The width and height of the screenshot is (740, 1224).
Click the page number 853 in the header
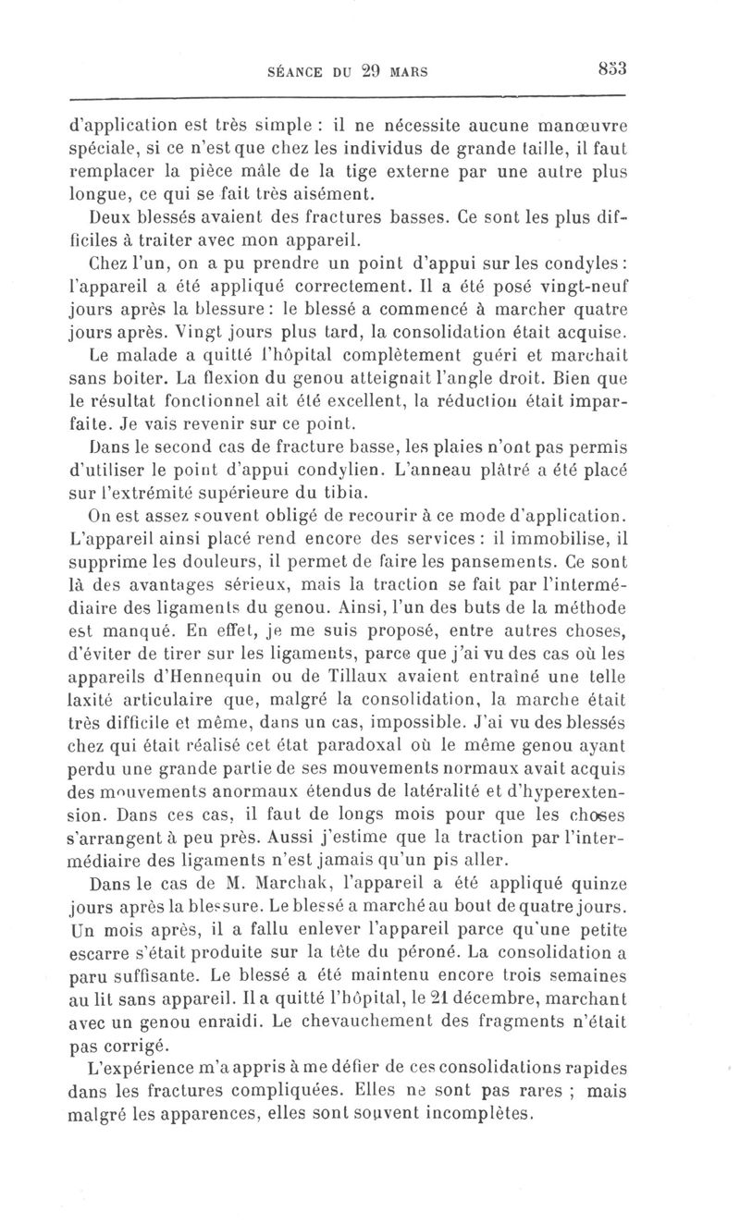612,68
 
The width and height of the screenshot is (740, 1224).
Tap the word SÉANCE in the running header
294,70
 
